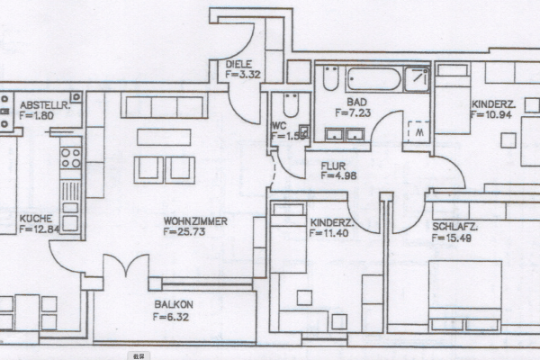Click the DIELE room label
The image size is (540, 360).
click(238, 64)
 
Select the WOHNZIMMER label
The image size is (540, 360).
click(194, 220)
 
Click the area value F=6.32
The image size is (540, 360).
click(171, 317)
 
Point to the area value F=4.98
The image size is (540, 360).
click(338, 175)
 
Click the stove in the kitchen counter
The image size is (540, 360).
click(69, 159)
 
